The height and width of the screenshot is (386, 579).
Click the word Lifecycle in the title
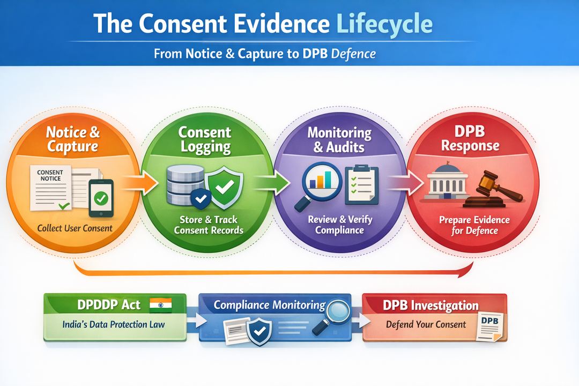384,24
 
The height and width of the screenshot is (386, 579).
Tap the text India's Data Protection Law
114,324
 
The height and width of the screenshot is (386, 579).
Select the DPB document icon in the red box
490,326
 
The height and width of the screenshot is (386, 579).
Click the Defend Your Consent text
426,324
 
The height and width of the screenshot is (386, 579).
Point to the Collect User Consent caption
75,228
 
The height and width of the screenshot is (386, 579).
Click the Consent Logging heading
205,139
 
